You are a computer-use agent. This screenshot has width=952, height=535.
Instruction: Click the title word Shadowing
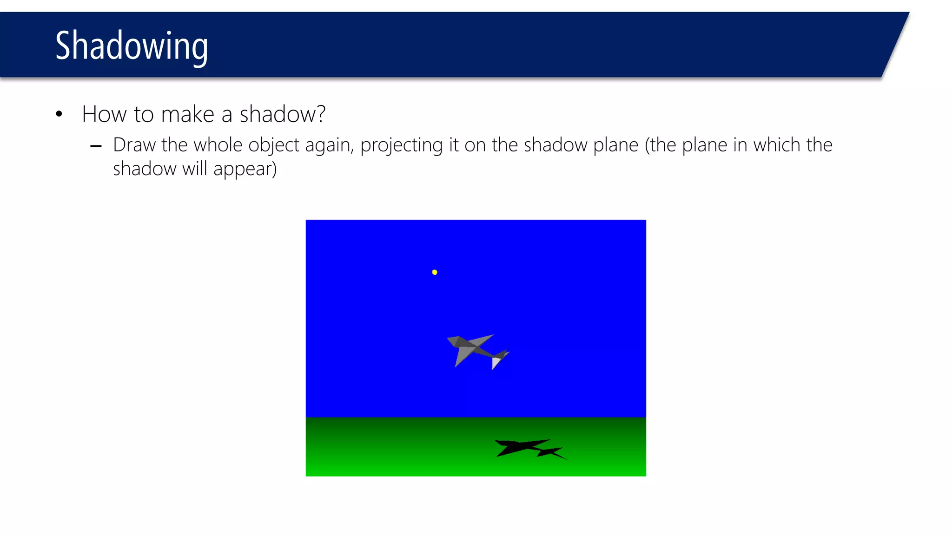(x=132, y=46)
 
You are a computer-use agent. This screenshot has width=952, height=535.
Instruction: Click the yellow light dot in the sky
(x=435, y=272)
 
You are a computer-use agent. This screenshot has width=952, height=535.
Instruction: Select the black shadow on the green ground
(x=525, y=448)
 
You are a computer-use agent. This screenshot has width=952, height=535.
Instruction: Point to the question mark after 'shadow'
(x=320, y=114)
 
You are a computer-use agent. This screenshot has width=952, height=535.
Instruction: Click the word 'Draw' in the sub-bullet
(x=134, y=145)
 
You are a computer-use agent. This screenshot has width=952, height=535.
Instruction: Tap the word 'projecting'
(x=401, y=145)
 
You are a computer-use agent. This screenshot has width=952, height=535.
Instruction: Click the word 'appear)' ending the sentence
(x=245, y=169)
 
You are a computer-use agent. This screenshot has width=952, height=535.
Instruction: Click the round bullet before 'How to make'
(x=59, y=114)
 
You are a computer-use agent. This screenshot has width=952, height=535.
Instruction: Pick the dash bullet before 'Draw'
(x=96, y=147)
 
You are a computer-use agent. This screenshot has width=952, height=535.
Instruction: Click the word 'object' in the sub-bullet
(x=274, y=145)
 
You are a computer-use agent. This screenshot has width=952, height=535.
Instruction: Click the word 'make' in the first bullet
(x=188, y=114)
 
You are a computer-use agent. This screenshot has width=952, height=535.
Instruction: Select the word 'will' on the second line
(x=194, y=169)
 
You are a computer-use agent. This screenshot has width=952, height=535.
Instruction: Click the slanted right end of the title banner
(x=895, y=45)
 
